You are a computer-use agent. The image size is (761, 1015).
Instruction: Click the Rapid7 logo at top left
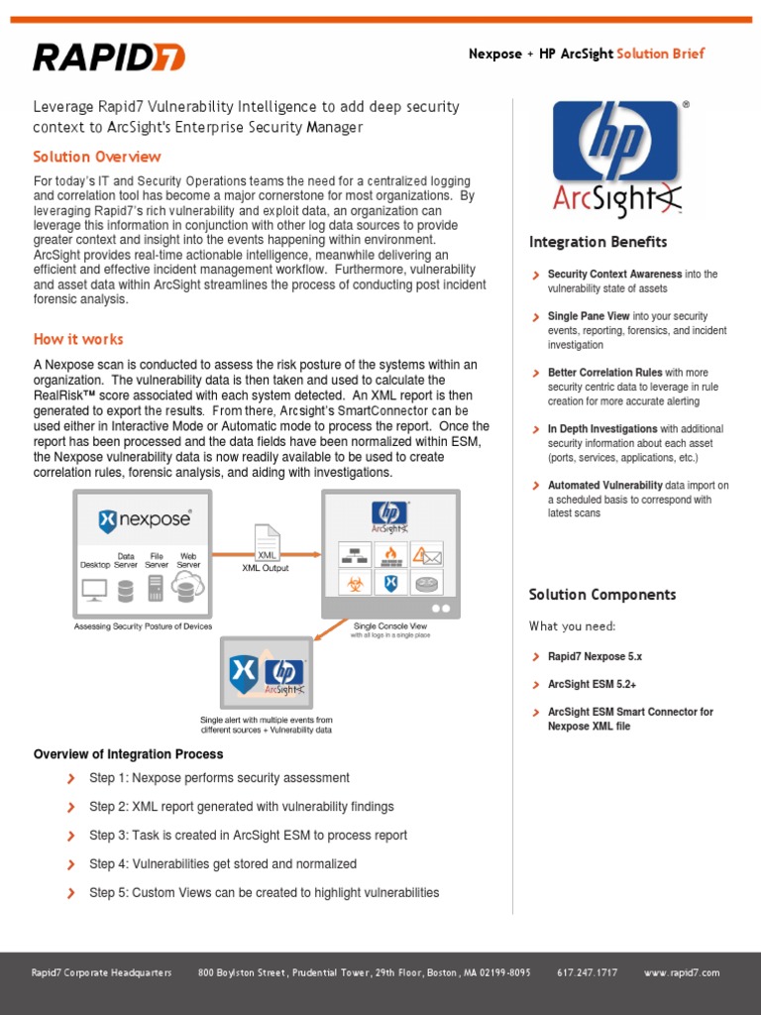tap(109, 56)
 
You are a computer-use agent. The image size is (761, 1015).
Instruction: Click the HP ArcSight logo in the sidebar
tap(615, 159)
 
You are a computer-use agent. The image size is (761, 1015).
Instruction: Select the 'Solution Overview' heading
tap(97, 157)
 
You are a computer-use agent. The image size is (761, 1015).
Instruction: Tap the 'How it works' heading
tap(78, 339)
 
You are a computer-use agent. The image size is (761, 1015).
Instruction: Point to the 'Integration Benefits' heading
tap(598, 242)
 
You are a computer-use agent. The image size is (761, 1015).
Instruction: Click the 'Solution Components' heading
tap(602, 595)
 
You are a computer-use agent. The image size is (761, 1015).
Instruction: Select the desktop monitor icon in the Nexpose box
tap(95, 591)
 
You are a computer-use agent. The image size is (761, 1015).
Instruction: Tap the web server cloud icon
tap(186, 589)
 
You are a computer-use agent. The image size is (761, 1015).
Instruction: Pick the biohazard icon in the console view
tap(354, 583)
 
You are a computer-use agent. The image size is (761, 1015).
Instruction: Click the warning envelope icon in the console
tap(427, 554)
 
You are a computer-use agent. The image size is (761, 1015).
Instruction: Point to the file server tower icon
tap(156, 590)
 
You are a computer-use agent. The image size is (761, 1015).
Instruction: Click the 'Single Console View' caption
tap(390, 625)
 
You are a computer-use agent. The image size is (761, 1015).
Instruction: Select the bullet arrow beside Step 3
tap(70, 836)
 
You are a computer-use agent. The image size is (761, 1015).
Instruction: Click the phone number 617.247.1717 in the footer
tap(587, 972)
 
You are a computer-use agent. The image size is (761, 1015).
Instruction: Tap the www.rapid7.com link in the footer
tap(682, 972)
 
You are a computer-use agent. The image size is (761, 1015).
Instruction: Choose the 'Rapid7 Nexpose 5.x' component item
tap(595, 656)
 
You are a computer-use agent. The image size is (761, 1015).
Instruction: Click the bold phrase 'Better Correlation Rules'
tap(604, 373)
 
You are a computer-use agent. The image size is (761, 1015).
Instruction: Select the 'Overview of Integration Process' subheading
tap(129, 754)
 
